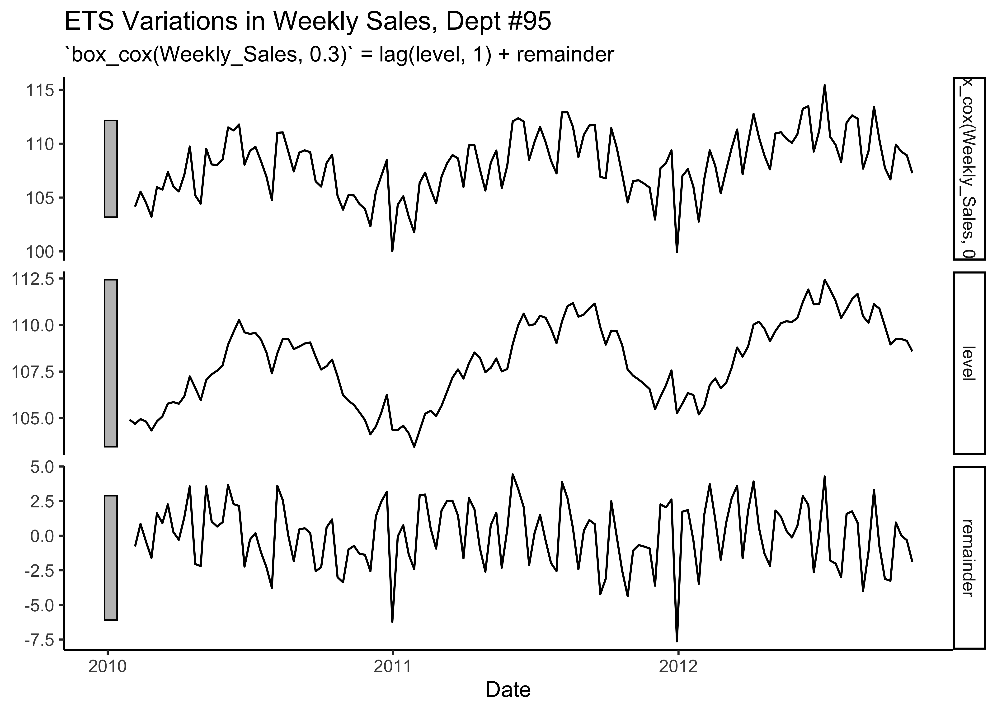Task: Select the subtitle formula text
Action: coord(339,55)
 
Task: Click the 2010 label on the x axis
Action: coord(108,667)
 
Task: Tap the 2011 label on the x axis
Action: coord(393,667)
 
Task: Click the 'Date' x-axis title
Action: coord(508,690)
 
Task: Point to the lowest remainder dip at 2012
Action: coord(677,641)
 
